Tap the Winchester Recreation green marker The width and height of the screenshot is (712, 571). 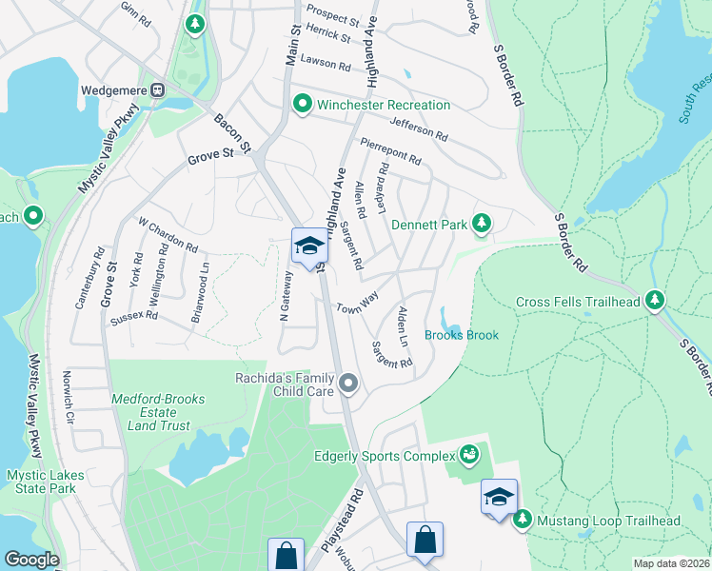[303, 103]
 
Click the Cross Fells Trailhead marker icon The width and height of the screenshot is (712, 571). [654, 301]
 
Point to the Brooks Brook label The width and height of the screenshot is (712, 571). [462, 335]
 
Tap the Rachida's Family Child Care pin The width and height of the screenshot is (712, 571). [348, 384]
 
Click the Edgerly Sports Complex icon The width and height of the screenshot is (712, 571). [467, 455]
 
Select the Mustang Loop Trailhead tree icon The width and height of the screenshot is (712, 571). [522, 521]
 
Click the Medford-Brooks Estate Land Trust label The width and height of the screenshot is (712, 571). [145, 413]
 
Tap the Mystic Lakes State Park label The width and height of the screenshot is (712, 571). [46, 482]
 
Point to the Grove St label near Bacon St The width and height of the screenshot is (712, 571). [210, 153]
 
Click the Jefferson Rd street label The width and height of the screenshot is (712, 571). [418, 128]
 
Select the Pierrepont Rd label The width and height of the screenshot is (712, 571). [390, 152]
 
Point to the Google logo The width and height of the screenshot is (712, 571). [31, 560]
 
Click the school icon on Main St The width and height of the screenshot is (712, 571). [309, 246]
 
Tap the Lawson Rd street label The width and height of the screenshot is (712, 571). [326, 63]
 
